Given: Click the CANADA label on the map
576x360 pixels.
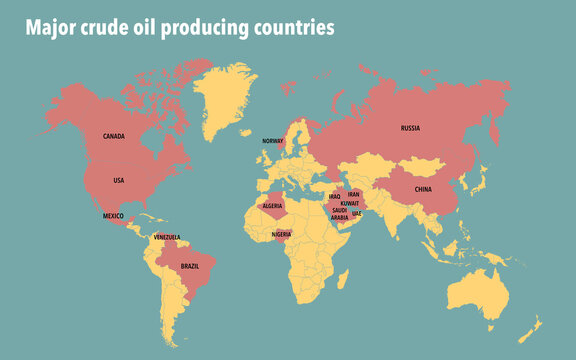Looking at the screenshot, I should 114,136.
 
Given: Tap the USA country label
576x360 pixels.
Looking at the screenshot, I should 118,180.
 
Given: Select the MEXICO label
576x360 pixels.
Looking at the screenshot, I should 113,216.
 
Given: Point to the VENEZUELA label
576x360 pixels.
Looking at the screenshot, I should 166,237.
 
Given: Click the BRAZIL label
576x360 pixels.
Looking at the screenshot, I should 190,267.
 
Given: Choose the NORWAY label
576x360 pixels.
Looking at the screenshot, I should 273,142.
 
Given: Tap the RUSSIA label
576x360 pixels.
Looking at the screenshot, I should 410,128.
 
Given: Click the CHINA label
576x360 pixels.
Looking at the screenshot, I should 423,188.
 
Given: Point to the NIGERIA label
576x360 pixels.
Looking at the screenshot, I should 282,234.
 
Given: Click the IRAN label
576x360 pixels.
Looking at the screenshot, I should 353,194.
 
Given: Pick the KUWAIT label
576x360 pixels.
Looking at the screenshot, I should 350,203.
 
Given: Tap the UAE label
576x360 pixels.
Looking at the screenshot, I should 357,213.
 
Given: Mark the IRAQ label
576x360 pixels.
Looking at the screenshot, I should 335,197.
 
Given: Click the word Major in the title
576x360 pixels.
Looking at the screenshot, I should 50,29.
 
